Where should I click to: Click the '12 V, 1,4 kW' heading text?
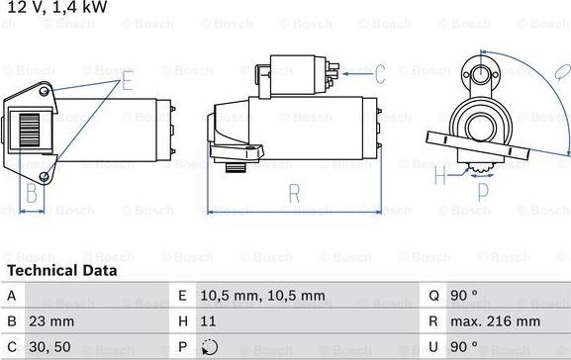point(55,9)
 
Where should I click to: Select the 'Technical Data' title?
point(61,270)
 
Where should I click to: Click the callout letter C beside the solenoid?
point(379,73)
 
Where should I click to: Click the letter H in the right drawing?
point(439,178)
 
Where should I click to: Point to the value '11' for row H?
point(209,322)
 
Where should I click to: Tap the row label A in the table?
point(11,296)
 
